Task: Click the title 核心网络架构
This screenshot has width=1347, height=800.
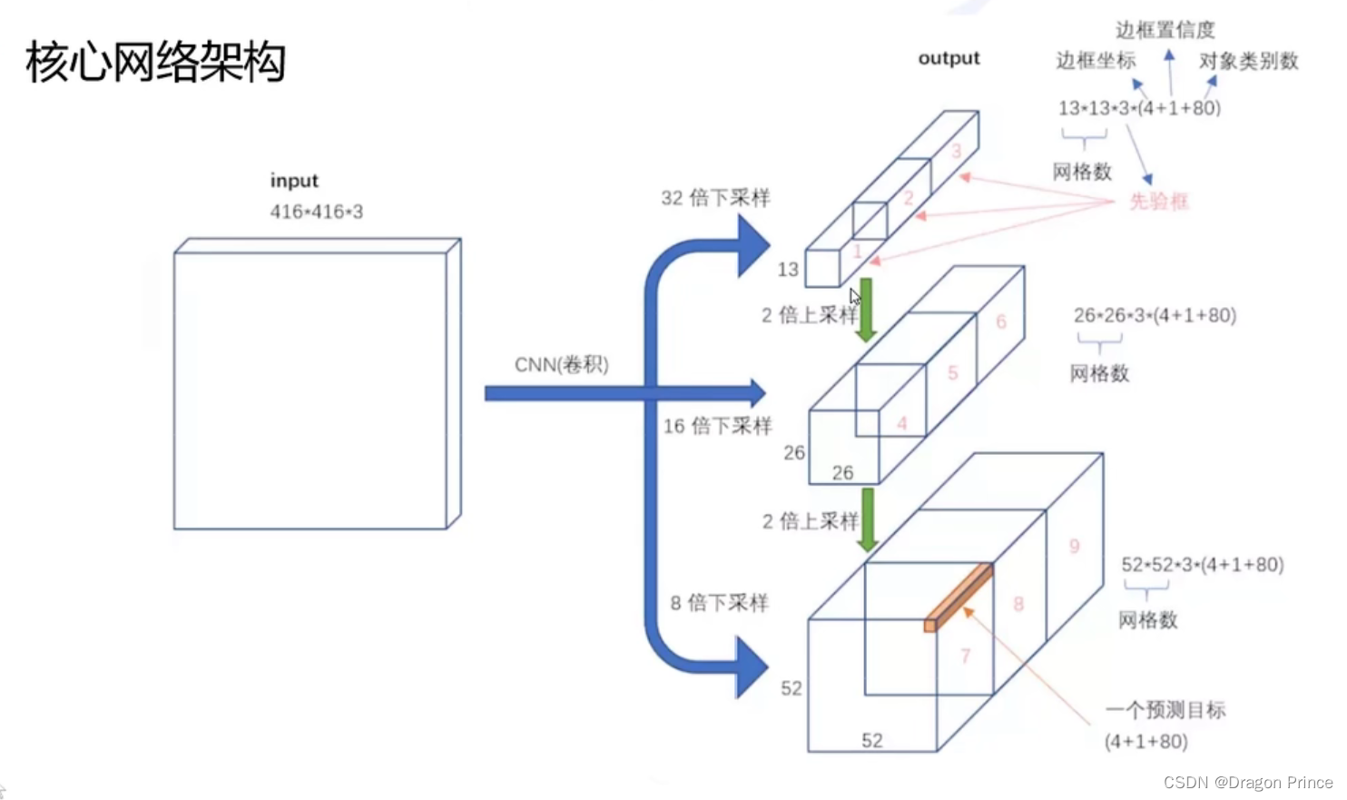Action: (x=155, y=63)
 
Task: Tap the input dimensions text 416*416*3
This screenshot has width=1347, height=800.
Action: (x=316, y=212)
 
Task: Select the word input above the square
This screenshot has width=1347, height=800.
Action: (x=294, y=181)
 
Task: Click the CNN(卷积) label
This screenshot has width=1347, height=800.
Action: (x=561, y=365)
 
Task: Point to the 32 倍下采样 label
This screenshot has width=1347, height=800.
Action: (x=715, y=198)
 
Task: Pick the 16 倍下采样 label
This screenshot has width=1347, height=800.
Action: (x=717, y=426)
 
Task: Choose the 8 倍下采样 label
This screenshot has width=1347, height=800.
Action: (x=719, y=603)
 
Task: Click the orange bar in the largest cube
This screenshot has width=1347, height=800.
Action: (x=959, y=598)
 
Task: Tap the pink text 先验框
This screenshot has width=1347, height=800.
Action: (x=1158, y=202)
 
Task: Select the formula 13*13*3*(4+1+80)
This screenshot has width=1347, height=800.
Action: (x=1139, y=108)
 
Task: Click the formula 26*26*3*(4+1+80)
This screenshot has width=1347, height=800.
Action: (x=1155, y=315)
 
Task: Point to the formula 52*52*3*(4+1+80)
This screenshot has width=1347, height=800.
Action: (x=1202, y=565)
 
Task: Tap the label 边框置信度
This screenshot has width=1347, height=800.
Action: (x=1165, y=30)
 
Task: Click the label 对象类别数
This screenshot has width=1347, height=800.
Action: (x=1248, y=61)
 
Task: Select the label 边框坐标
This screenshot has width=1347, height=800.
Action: (x=1096, y=61)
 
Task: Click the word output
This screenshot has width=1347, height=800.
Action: (x=949, y=58)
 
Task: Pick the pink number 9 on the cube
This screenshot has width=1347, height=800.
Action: (x=1074, y=546)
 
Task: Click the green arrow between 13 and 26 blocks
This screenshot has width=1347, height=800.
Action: (x=867, y=310)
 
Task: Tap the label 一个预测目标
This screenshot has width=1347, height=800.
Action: (x=1165, y=710)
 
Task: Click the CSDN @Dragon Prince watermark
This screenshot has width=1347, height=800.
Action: (x=1247, y=783)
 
